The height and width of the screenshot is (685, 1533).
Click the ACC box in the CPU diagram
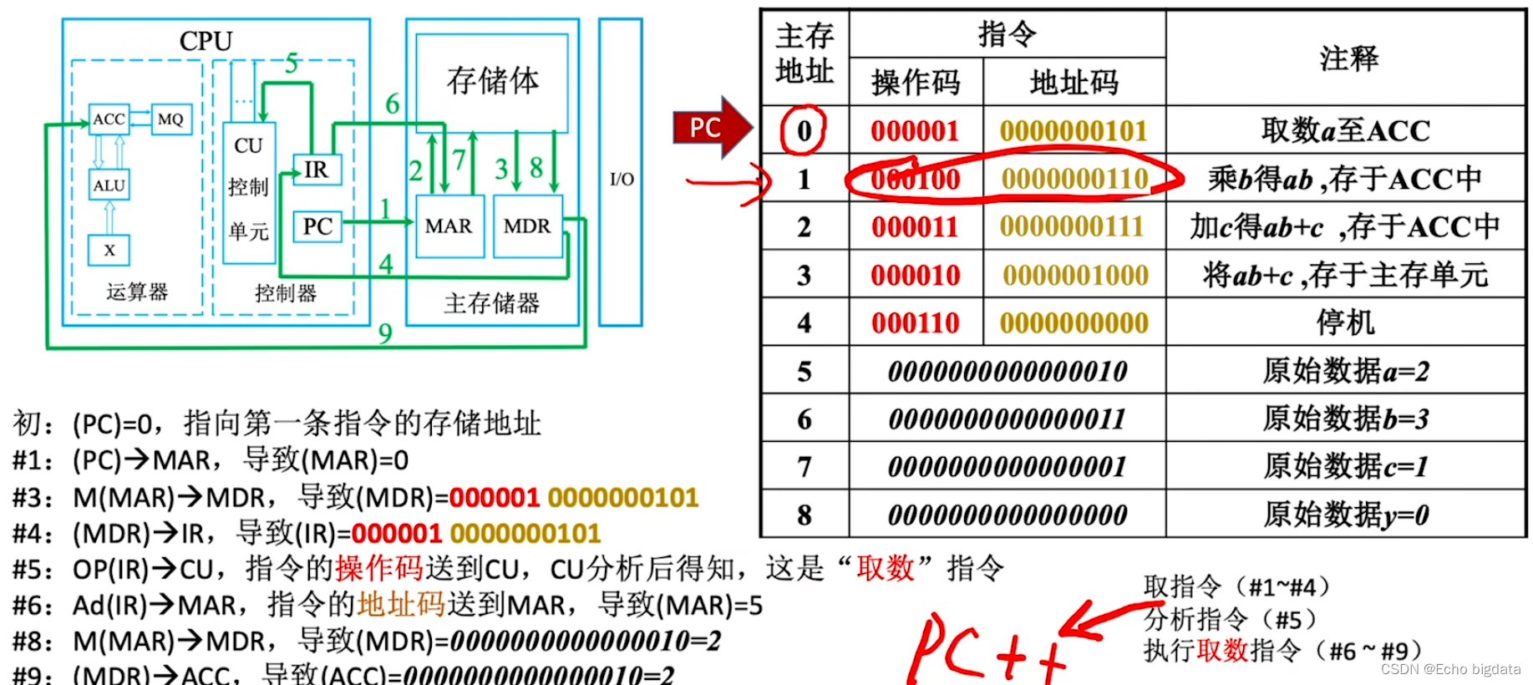pos(109,119)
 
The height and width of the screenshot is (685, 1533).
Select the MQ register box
pos(170,119)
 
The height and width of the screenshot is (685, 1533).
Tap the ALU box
pos(109,185)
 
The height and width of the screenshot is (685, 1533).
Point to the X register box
pos(109,250)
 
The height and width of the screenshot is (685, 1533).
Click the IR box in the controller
pos(316,170)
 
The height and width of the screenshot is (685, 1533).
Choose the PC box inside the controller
pos(317,226)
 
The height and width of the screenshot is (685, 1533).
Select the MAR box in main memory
pos(449,226)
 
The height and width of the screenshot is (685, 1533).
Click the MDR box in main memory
pos(527,226)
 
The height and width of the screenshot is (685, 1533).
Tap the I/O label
pos(622,179)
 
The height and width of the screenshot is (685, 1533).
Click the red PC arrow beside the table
pos(710,128)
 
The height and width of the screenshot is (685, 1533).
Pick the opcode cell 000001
pos(915,131)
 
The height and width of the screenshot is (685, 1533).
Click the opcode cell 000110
pos(915,323)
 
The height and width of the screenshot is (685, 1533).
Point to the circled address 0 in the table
pos(804,130)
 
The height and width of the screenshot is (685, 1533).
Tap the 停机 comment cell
pos(1345,322)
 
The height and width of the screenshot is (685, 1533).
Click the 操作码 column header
pos(916,82)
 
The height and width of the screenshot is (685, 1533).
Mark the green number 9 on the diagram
pos(385,333)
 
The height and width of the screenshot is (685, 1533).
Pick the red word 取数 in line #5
pos(886,569)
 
